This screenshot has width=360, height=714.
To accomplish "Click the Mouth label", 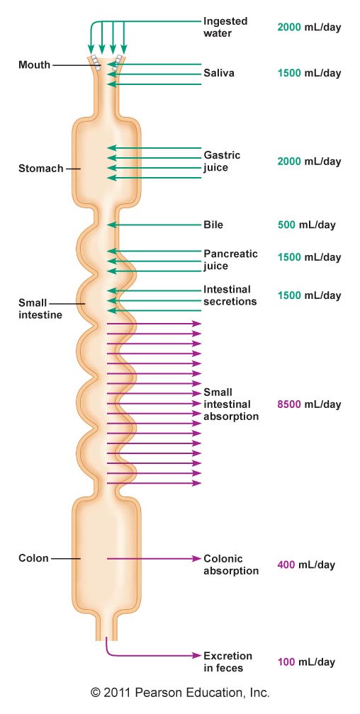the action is [x=34, y=64].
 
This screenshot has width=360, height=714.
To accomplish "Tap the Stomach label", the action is [x=40, y=169].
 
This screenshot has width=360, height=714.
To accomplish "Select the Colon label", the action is [x=33, y=558].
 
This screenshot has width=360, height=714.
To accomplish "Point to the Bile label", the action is [x=213, y=225].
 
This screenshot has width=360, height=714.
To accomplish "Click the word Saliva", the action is [x=219, y=73].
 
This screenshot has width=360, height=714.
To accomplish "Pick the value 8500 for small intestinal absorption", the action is [x=289, y=404].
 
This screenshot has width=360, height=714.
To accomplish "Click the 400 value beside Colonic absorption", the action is [x=286, y=565].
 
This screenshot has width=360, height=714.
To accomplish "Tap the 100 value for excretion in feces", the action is [x=286, y=662].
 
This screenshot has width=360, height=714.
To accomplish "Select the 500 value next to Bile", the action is [x=286, y=225].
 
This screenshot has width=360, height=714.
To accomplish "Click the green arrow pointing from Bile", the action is [x=154, y=225].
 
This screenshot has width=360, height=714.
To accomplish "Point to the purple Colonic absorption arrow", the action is [x=154, y=558].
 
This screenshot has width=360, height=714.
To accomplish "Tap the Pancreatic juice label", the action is [x=230, y=259].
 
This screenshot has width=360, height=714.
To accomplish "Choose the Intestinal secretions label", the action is [x=230, y=295].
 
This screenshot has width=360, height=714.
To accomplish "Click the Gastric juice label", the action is [x=222, y=161].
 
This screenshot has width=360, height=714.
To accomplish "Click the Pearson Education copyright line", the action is [x=180, y=693].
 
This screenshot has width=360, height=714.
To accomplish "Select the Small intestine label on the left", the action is [x=40, y=308].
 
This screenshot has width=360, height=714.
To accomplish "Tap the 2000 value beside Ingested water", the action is [x=289, y=27].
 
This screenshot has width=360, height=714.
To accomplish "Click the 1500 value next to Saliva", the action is [x=289, y=74].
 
